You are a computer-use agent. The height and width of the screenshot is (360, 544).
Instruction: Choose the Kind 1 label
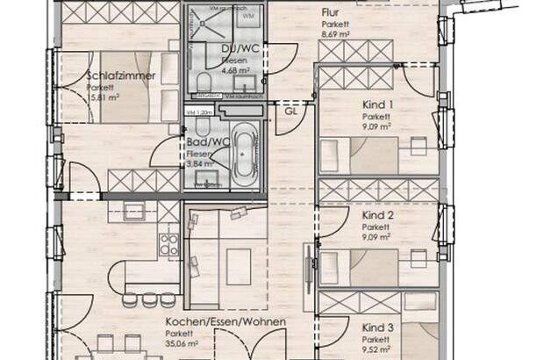pos(377,104)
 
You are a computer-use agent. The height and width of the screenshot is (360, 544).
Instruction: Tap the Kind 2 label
pos(377,214)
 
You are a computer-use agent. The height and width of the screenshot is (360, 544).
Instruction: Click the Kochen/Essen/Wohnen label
pos(225,322)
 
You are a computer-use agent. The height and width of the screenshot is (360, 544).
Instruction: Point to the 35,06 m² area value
pos(184,345)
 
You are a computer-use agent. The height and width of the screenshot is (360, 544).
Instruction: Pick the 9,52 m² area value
pos(377,349)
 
